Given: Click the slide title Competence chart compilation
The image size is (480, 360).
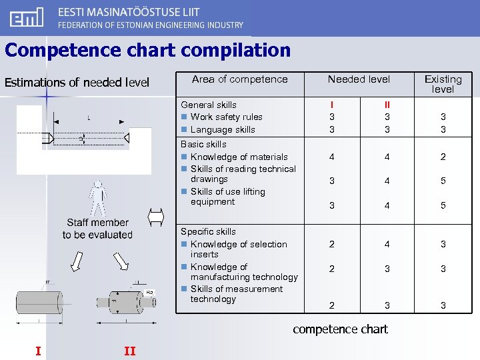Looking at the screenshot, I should pos(147,51).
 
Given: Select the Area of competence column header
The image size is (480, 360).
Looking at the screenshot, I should pos(239,79).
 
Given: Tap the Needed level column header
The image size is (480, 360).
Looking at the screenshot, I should pos(359,79).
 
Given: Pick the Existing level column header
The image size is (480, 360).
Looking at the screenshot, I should pos(443,84).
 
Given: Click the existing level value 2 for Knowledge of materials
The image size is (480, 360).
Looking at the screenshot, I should pos(443,157).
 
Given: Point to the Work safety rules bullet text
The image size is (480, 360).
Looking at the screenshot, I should pos(226,117).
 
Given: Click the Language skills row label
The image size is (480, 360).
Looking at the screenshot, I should pos(222,129).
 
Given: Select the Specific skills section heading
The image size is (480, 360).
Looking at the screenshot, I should pos(208,231).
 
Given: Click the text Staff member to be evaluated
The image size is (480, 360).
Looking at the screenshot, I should pos(97,229).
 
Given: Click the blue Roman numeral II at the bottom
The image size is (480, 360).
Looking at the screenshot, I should pos(129,351).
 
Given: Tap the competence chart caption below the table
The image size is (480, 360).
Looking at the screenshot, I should pos(340,329).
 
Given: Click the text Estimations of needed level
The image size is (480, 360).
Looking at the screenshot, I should pos(77,83).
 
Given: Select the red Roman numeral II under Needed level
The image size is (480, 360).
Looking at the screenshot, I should pos(387,105).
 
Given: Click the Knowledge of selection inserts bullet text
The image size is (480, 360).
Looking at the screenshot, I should pos(238,249).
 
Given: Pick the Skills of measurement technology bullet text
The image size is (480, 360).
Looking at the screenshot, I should pos(236,294).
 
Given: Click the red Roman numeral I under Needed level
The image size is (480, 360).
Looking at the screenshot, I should pos(332,105).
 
